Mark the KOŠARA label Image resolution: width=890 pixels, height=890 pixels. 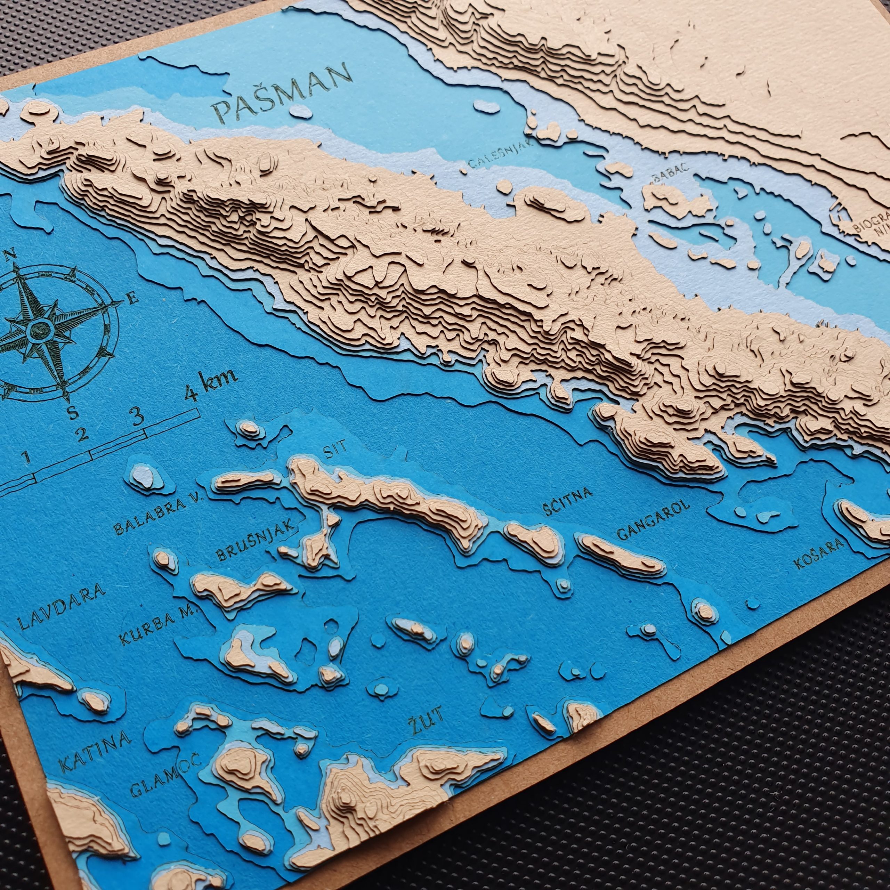(819, 554)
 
